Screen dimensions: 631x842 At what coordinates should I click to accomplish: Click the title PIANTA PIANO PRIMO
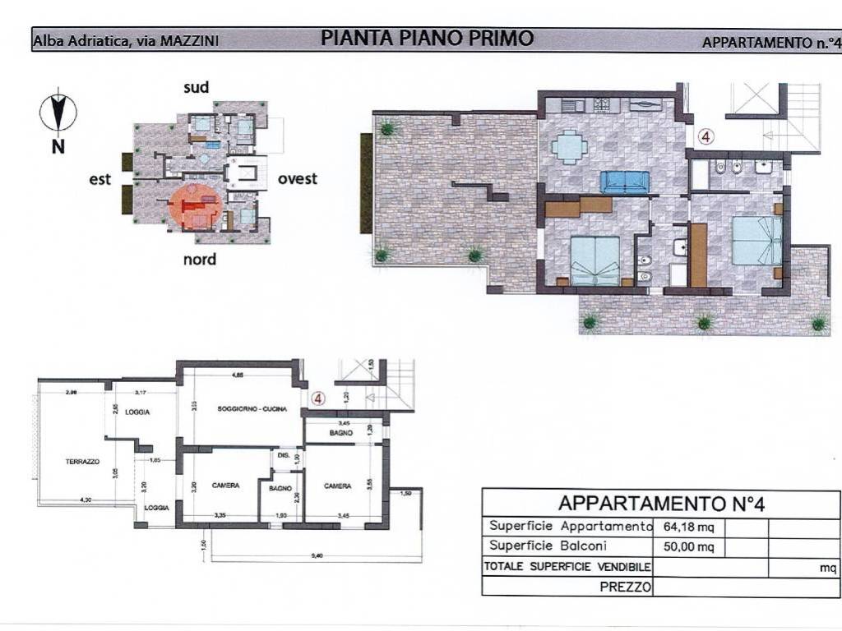click(x=427, y=38)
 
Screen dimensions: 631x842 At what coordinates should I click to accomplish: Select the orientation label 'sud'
click(x=196, y=87)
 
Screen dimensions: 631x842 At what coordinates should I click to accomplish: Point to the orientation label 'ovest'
click(x=297, y=178)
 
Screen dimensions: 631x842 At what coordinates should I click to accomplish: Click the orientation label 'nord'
click(x=199, y=260)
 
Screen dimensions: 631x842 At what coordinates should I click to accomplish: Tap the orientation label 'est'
click(x=100, y=179)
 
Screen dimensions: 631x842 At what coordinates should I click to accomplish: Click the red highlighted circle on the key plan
click(x=195, y=206)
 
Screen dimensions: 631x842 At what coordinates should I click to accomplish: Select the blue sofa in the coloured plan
click(x=625, y=182)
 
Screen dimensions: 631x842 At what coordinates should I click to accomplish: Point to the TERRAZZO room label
click(x=82, y=462)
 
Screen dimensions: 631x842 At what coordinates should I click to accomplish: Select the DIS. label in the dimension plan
click(x=282, y=454)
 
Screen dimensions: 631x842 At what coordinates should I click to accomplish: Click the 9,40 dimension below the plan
click(x=316, y=555)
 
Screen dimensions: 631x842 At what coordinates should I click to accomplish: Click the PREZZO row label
click(x=626, y=587)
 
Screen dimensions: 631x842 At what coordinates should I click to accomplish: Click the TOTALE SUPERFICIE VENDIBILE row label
click(x=567, y=566)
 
